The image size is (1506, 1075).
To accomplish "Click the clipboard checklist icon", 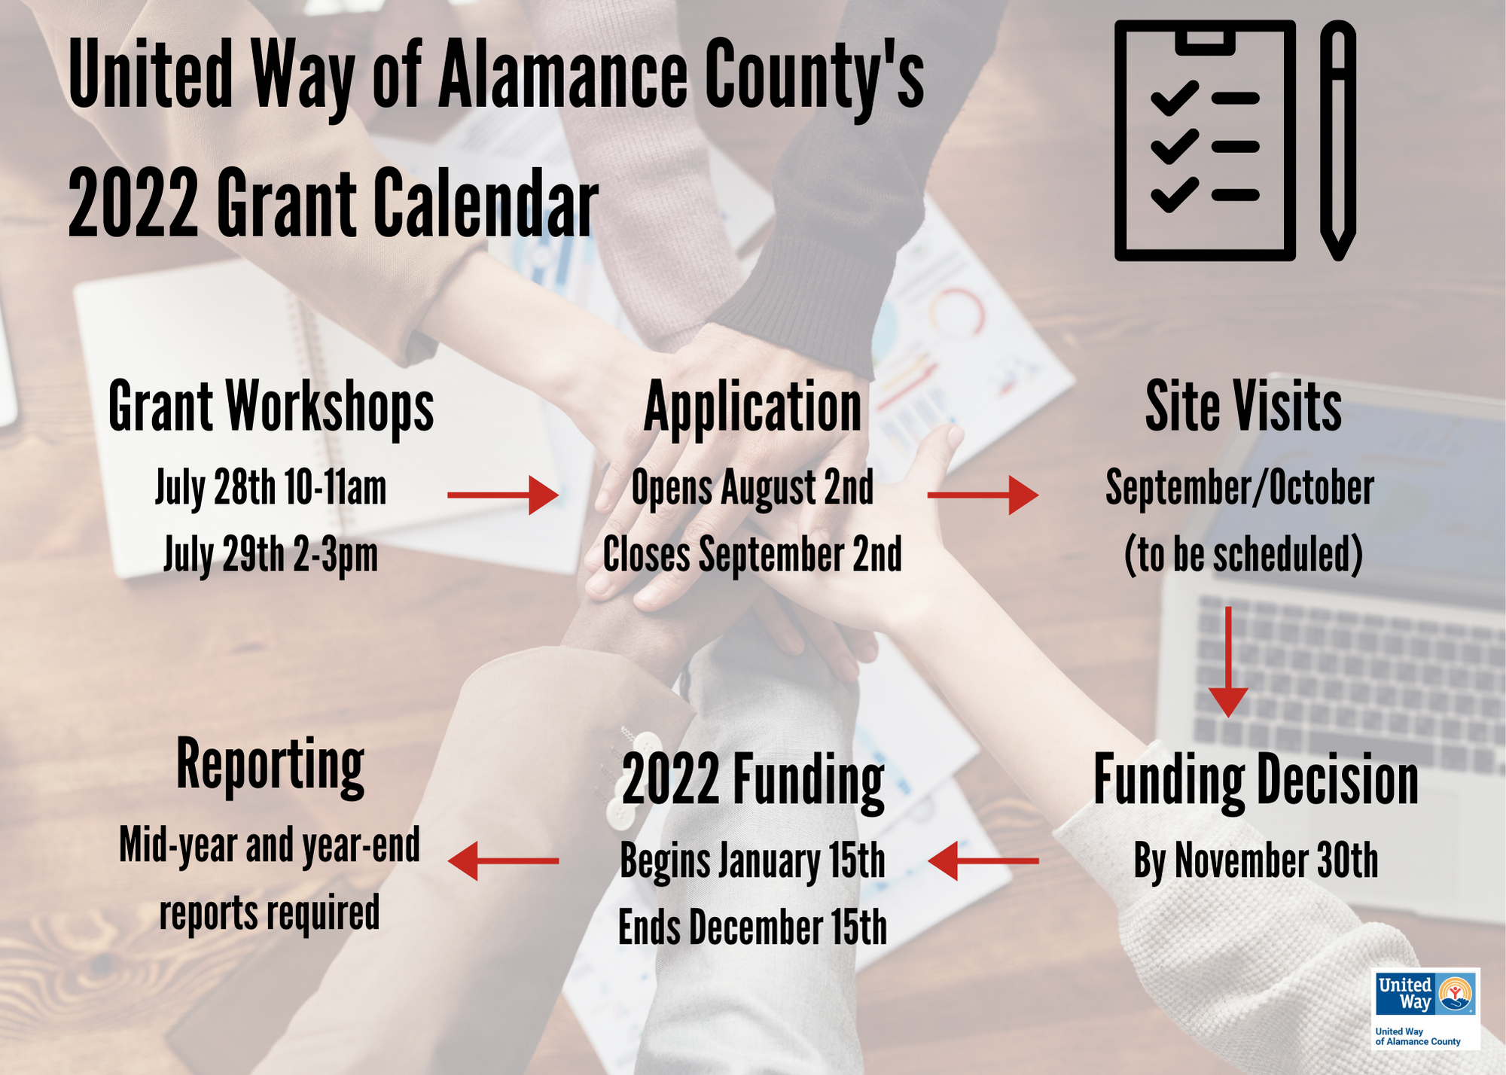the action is coord(1205,141).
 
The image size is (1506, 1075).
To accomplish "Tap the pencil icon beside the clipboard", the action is coord(1338,141).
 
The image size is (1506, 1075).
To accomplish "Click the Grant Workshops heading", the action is coord(271,407).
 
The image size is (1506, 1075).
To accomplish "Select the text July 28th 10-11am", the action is coord(270,489).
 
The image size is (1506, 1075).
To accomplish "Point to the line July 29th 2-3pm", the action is coord(270,556).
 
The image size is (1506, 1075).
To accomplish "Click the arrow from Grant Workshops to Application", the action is coord(503,495).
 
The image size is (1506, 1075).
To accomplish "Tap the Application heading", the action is coord(752,407).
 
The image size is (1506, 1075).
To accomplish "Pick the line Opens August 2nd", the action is coord(752,488).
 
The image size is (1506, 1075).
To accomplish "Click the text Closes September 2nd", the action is coord(752,555).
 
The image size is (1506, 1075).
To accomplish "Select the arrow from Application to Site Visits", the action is coord(983,495).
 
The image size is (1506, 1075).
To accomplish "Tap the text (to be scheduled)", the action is coord(1243,556).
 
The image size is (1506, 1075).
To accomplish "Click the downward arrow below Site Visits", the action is coord(1228,662).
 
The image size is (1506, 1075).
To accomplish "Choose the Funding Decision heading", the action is coord(1256,781).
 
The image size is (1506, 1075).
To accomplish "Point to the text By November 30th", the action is coord(1256,861).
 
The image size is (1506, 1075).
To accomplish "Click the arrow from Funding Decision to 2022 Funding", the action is coord(983,860).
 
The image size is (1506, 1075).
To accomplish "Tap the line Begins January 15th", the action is coord(752,861).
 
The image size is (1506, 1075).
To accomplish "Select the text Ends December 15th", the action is coord(752,927).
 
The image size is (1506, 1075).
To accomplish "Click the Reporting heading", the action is coord(270,766).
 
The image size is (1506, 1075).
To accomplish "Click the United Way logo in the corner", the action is coord(1425,1009).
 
